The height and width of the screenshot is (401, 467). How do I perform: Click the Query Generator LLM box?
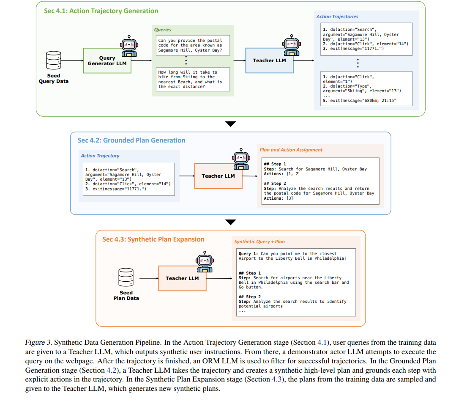pos(107,60)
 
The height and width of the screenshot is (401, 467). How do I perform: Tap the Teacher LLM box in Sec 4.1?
pos(269,60)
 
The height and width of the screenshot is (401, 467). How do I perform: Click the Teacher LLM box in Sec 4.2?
pos(218,176)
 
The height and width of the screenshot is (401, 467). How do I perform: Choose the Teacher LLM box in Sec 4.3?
pos(182,278)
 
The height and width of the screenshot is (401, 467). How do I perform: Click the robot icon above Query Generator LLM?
pos(129,45)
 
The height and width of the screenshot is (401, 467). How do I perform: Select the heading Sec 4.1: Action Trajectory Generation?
pos(101,11)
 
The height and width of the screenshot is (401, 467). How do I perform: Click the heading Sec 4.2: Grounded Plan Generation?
pos(131,140)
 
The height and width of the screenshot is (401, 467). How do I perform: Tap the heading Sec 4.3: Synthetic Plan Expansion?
pos(153,239)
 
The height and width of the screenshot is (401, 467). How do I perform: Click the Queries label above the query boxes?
pos(163,30)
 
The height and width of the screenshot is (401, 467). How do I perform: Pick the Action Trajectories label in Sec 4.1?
pos(337,16)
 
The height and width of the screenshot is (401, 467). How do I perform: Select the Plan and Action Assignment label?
pos(291,150)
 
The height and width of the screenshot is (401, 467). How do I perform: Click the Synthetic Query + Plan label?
pos(259,242)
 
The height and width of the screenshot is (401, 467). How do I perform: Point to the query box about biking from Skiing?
pos(193,80)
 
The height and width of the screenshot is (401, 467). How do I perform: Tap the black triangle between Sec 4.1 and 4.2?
pos(230,124)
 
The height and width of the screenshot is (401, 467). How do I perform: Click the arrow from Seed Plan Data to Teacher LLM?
pos(149,278)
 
